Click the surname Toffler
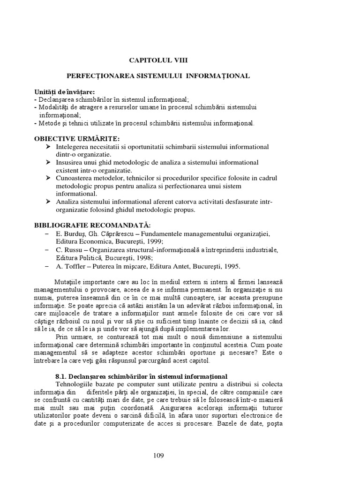click(74, 266)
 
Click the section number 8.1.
click(61, 376)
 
